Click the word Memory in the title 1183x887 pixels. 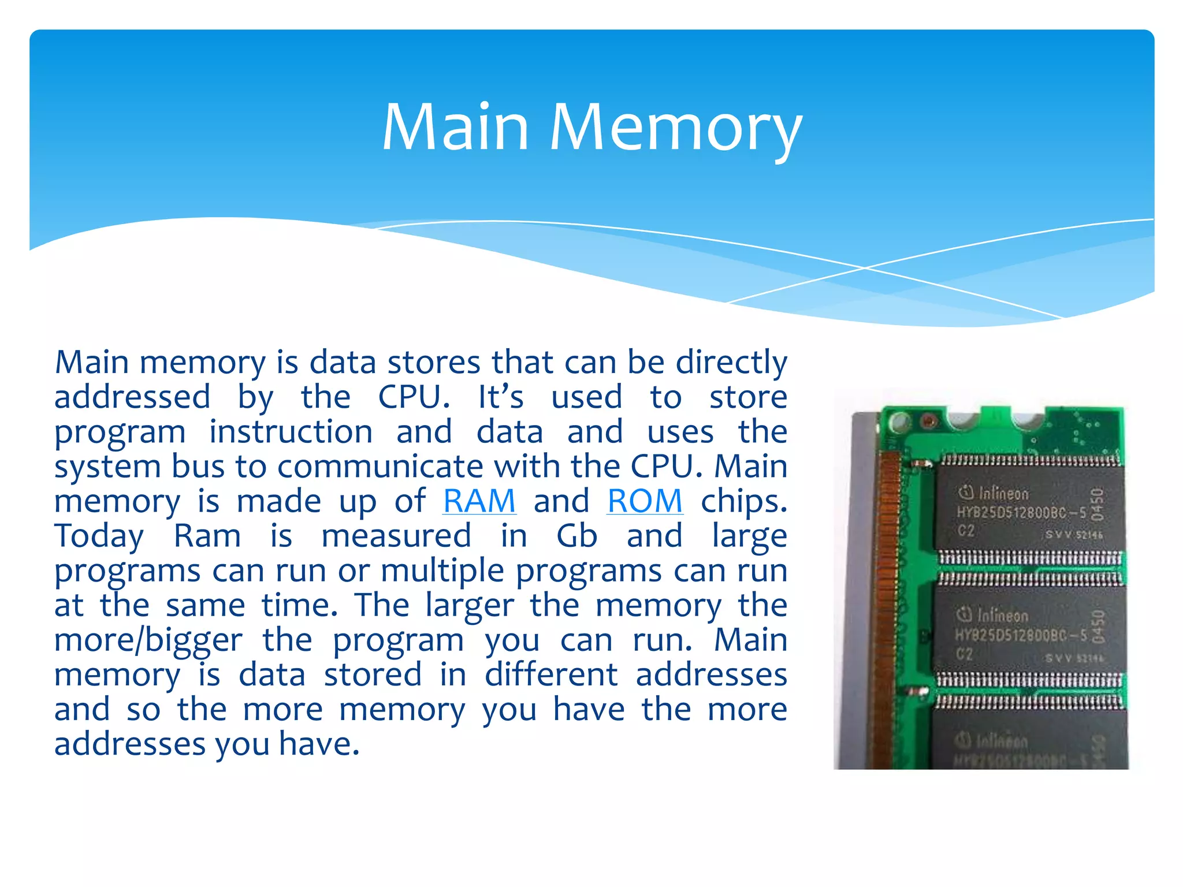(x=675, y=128)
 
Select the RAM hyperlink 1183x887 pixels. (x=479, y=501)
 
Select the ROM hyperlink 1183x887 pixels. (x=645, y=501)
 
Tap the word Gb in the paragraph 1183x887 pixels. (x=576, y=536)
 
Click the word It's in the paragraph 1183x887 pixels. (x=501, y=397)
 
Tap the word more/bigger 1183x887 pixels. (x=148, y=640)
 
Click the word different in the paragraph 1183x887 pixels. (x=550, y=675)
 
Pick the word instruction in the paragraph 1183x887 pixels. (x=291, y=432)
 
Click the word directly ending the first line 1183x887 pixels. (x=731, y=363)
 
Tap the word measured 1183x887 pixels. (x=396, y=536)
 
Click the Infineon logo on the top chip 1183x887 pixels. (x=994, y=493)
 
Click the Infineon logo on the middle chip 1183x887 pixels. (x=992, y=615)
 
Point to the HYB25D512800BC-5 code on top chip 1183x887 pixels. (x=1021, y=512)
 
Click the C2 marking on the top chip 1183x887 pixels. (x=965, y=531)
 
